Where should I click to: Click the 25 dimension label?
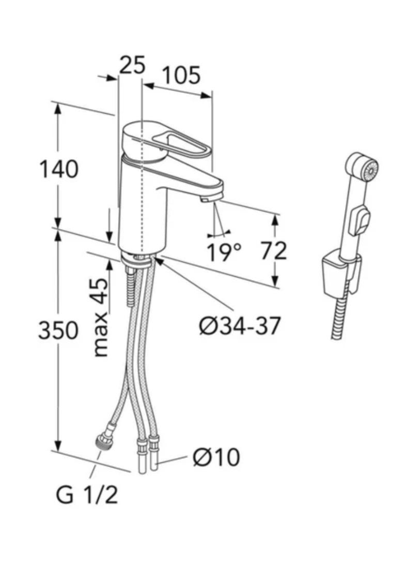(x=132, y=66)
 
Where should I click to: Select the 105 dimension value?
(x=181, y=76)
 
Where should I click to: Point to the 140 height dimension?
(x=59, y=169)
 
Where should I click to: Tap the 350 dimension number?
(x=58, y=330)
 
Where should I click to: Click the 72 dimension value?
(x=273, y=251)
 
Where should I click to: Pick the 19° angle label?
(x=224, y=252)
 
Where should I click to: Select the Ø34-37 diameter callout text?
(x=240, y=326)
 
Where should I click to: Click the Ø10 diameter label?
(x=216, y=457)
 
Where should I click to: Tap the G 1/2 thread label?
(x=87, y=496)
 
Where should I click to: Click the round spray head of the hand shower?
(x=369, y=170)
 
